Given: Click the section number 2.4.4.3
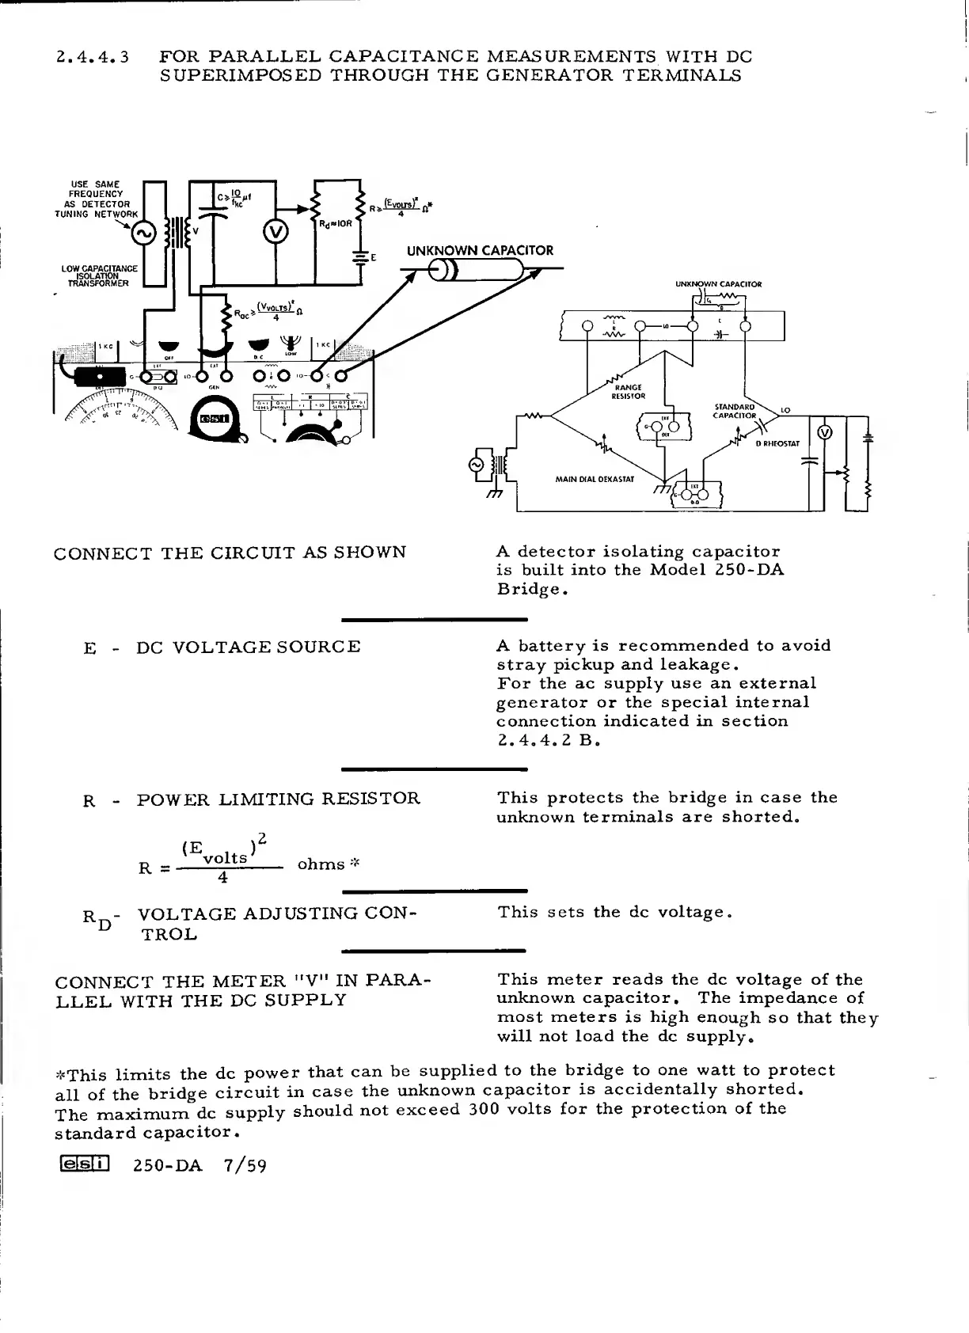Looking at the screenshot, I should click(x=93, y=57).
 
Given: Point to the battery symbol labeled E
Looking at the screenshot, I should click(x=363, y=257).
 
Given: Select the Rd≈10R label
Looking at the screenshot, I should click(x=336, y=224).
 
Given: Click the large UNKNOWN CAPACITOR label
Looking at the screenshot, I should click(x=480, y=251).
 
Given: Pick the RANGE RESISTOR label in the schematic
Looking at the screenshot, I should click(x=629, y=392).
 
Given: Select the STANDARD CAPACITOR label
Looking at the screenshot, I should click(x=735, y=411).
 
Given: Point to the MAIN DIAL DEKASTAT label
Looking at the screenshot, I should click(x=594, y=479).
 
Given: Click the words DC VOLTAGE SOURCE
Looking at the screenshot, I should click(x=249, y=647).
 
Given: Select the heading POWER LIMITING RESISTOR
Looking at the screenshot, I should click(x=279, y=799).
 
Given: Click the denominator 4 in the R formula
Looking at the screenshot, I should click(x=223, y=878).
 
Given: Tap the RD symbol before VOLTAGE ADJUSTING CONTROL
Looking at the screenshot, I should click(x=97, y=919).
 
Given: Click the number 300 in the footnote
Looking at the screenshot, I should click(x=483, y=1110).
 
